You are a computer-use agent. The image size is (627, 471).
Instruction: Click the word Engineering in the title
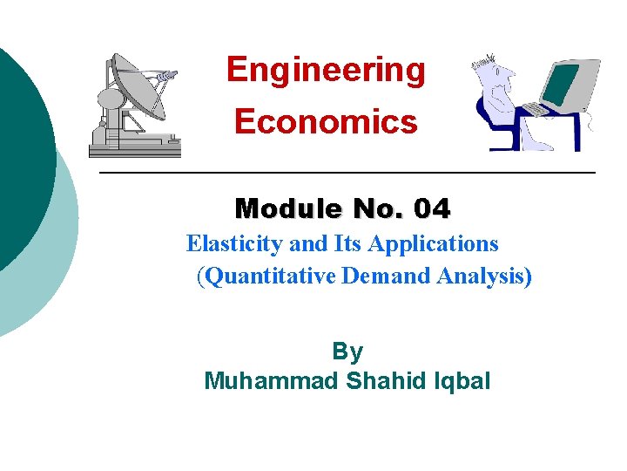[x=326, y=70]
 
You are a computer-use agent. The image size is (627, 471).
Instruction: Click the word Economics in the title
[x=326, y=122]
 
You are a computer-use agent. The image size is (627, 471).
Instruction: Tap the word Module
[x=278, y=209]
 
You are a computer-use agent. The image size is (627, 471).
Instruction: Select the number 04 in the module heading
[x=432, y=209]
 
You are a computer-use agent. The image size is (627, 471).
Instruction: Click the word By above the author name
[x=347, y=352]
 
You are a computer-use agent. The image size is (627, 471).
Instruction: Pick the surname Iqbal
[x=462, y=381]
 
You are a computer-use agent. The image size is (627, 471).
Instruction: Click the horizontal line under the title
[x=348, y=174]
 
